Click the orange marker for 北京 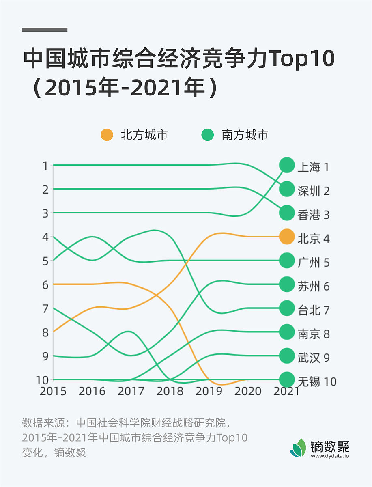(287, 237)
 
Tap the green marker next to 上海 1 (287, 165)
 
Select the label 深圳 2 (314, 191)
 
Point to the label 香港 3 (314, 215)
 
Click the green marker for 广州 (287, 261)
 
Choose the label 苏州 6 (314, 286)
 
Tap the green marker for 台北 (287, 308)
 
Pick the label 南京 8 (314, 334)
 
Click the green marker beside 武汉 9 (287, 356)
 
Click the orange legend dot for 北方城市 (107, 135)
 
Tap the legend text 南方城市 (245, 135)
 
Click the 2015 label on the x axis (53, 391)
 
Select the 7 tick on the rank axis (45, 308)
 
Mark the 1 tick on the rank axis (45, 166)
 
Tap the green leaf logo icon (299, 447)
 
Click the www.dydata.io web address (330, 456)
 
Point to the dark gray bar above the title (45, 30)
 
